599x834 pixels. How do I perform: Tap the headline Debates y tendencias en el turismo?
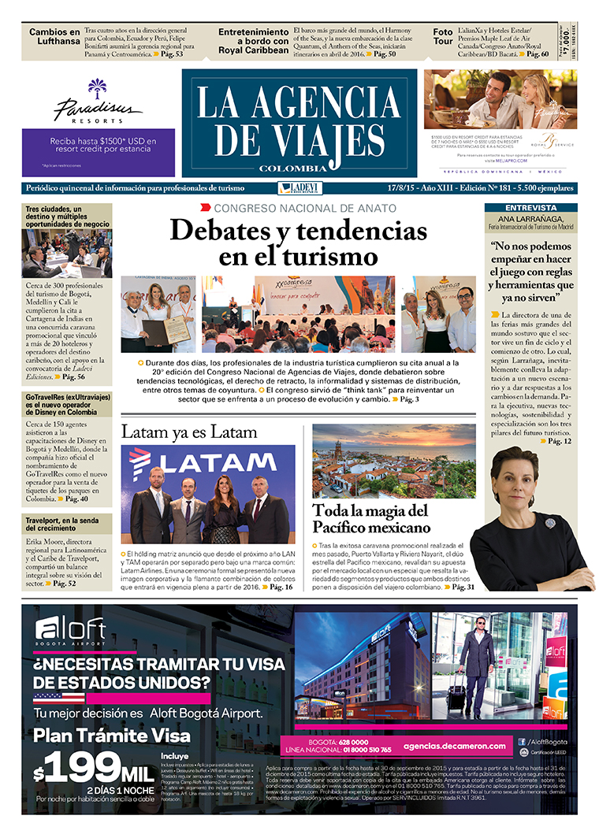coord(288,243)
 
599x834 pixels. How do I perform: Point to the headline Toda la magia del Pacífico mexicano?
coord(371,518)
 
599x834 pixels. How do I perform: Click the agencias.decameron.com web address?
coord(453,745)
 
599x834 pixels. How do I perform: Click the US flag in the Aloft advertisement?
coord(59,697)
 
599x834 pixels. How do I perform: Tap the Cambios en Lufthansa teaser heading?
coord(54,38)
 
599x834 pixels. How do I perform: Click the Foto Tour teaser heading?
coord(443,38)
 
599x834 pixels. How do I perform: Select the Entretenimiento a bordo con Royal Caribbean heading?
coord(254,41)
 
